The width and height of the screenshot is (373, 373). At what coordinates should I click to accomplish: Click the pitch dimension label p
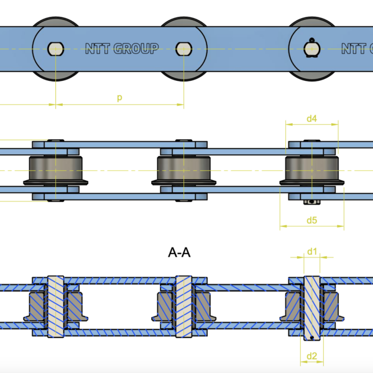[119, 98]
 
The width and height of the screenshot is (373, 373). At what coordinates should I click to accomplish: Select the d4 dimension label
[312, 118]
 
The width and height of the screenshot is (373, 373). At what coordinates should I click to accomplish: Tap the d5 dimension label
[312, 220]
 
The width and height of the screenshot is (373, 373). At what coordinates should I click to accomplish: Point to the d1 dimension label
[312, 251]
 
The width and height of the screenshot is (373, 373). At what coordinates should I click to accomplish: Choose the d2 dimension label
[312, 356]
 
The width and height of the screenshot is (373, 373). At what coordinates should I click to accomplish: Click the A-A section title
[180, 252]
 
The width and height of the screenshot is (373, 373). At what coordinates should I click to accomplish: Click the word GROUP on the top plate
[136, 48]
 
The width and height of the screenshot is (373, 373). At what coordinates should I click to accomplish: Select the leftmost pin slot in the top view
[56, 47]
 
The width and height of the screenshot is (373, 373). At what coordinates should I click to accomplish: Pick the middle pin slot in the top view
[184, 47]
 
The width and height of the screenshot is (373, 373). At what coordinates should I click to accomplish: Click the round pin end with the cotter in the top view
[311, 47]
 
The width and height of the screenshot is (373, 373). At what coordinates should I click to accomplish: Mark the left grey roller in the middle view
[56, 170]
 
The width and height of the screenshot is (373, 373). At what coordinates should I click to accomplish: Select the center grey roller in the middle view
[184, 170]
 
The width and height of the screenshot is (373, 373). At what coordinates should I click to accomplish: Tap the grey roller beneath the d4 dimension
[311, 170]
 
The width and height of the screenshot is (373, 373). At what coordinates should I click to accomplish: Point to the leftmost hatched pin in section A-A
[56, 306]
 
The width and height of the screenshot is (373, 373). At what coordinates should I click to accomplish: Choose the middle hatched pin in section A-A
[184, 306]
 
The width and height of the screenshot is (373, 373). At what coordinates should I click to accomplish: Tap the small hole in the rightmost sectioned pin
[311, 338]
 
